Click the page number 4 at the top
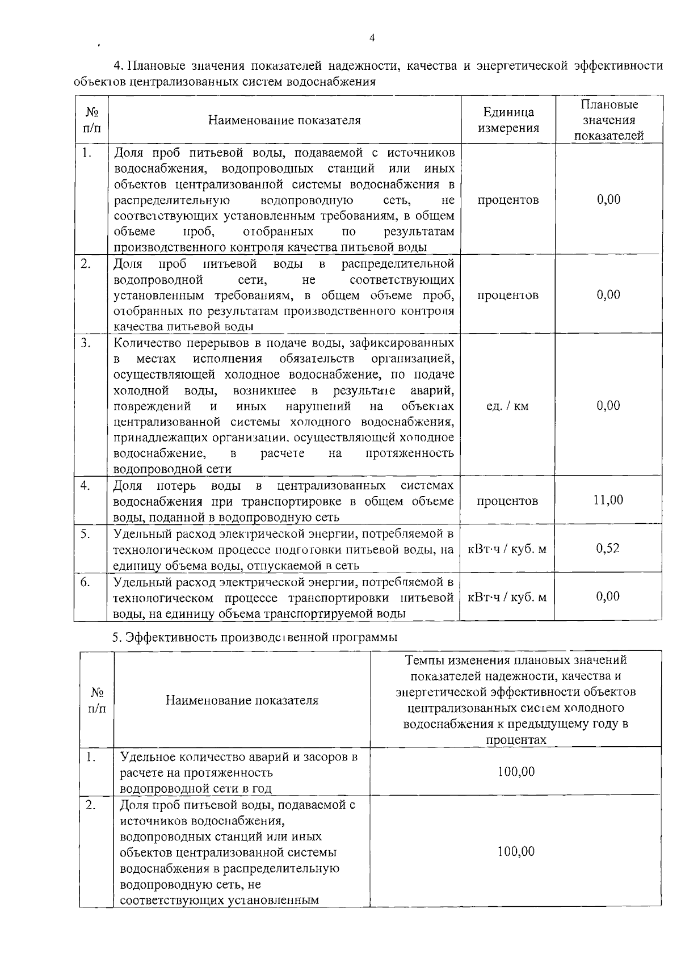click(x=372, y=38)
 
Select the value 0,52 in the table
click(x=608, y=548)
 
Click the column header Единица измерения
click(x=507, y=120)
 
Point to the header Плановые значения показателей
click(x=608, y=120)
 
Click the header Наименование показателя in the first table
click(x=284, y=120)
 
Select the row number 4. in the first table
click(x=86, y=485)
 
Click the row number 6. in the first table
click(x=86, y=582)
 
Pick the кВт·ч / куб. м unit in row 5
click(x=507, y=549)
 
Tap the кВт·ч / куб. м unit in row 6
click(x=507, y=597)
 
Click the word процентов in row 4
click(x=507, y=501)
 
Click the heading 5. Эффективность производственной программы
click(x=254, y=637)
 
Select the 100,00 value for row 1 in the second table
click(x=516, y=772)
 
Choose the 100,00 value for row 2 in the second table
click(x=516, y=852)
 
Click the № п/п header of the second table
click(x=96, y=700)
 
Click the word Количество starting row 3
click(x=144, y=343)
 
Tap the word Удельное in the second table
click(x=145, y=757)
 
